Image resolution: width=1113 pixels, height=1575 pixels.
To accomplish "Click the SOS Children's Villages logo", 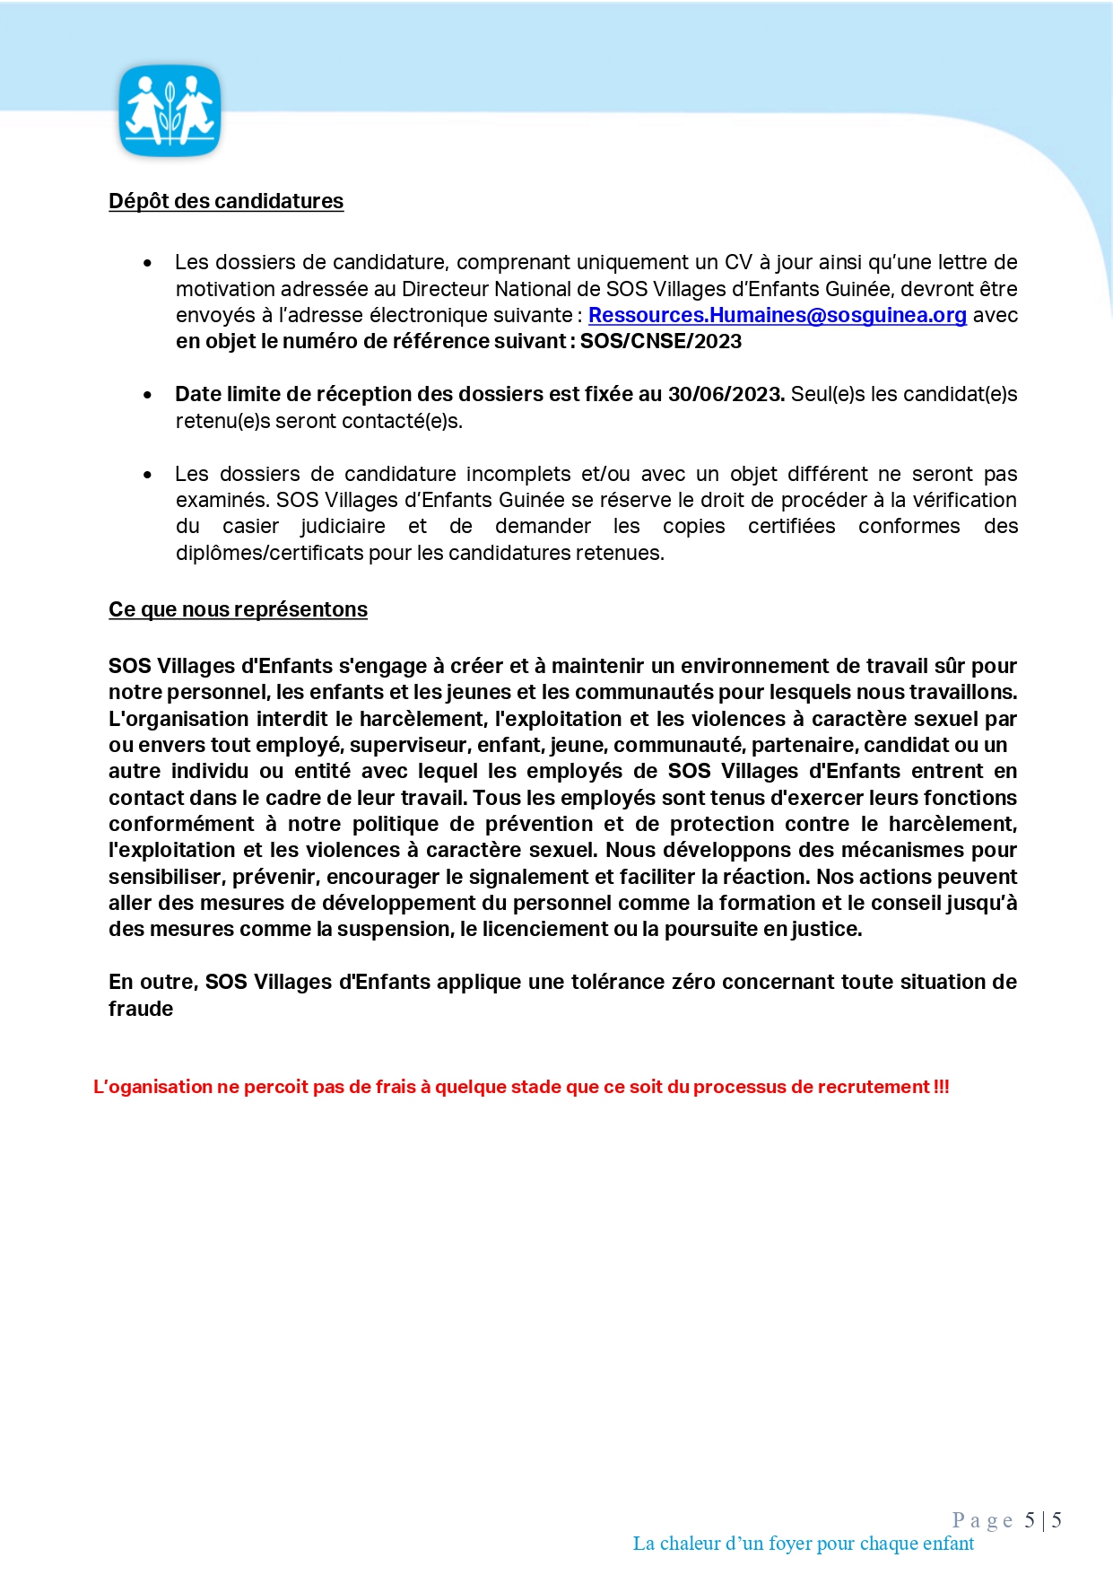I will coord(170,110).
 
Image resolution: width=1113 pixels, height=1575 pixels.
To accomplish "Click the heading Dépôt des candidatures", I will coord(226,201).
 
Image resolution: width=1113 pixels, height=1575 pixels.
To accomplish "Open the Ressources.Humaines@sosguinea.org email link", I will coord(777,316).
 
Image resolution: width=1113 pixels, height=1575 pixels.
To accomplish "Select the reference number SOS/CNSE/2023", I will coord(661,342).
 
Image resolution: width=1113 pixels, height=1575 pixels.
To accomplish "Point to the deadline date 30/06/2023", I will coord(726,395).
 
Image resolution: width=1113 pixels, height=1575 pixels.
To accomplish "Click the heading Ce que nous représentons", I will coord(238,609).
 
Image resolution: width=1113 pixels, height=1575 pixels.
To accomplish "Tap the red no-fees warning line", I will coord(521,1087).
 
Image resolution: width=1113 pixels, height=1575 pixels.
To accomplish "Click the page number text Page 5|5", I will coord(1006,1519).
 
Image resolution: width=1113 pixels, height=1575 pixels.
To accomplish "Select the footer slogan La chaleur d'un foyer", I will coord(803,1544).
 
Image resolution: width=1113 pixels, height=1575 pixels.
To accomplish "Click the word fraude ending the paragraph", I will coord(141,1009).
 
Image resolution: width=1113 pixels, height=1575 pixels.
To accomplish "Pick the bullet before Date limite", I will coord(147,395).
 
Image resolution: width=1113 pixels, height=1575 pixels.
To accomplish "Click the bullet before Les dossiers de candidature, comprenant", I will coord(147,263).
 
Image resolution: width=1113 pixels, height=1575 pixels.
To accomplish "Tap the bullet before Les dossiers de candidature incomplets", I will coord(147,475).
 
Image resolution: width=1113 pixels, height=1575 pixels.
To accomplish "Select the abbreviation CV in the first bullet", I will coord(738,263).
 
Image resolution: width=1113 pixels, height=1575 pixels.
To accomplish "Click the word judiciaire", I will coord(343,527).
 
